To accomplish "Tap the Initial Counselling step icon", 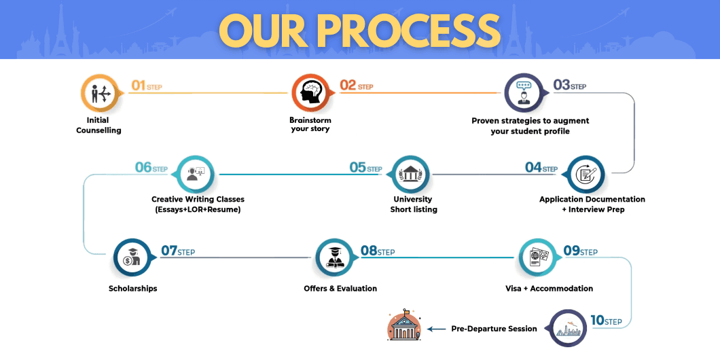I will (x=98, y=94).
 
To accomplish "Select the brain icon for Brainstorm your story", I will (x=310, y=94).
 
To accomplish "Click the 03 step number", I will (x=561, y=86).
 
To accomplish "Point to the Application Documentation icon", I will (x=585, y=175).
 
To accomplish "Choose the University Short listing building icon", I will (x=410, y=175).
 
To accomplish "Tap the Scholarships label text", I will (x=133, y=289).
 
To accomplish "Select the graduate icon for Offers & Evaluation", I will (x=334, y=257).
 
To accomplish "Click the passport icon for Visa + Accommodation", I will (x=539, y=257).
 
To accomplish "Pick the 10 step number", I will (x=597, y=320).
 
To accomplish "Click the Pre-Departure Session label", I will (x=494, y=329).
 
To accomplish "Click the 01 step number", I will (x=139, y=86).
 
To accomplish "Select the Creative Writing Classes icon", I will (x=195, y=175).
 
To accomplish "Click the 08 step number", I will (x=369, y=251).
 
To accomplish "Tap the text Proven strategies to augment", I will (x=530, y=121).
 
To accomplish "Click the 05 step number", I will (x=358, y=167).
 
